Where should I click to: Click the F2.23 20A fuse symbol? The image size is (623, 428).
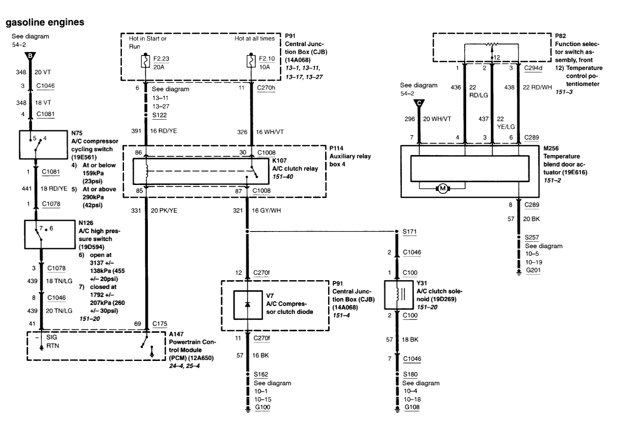pyautogui.click(x=146, y=62)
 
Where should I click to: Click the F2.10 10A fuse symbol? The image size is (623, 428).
pyautogui.click(x=251, y=62)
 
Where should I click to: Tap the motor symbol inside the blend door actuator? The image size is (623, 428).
pyautogui.click(x=443, y=188)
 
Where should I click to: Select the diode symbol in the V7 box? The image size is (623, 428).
pyautogui.click(x=247, y=304)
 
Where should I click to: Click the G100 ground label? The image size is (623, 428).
pyautogui.click(x=262, y=407)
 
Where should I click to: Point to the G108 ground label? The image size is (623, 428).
pyautogui.click(x=412, y=407)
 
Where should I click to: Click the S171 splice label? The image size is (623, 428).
pyautogui.click(x=409, y=232)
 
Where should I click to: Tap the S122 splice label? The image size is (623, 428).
pyautogui.click(x=159, y=115)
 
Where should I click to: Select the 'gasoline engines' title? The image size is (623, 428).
pyautogui.click(x=45, y=22)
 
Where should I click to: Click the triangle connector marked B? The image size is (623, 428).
pyautogui.click(x=30, y=56)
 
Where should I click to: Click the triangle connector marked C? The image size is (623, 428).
pyautogui.click(x=419, y=103)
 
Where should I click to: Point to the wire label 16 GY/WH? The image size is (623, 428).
pyautogui.click(x=266, y=211)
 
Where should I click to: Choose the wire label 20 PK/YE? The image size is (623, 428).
pyautogui.click(x=164, y=211)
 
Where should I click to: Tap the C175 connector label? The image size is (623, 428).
pyautogui.click(x=160, y=324)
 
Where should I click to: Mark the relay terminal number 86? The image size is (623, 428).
pyautogui.click(x=138, y=152)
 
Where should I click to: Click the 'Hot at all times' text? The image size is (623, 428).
pyautogui.click(x=254, y=38)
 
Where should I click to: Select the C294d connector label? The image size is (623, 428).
pyautogui.click(x=533, y=67)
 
